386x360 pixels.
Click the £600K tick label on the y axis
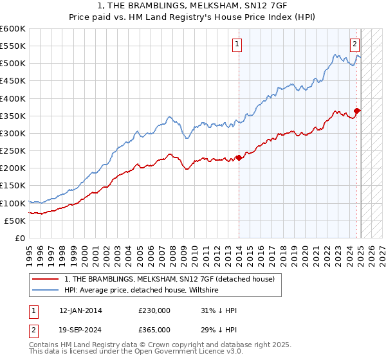[x=13, y=29]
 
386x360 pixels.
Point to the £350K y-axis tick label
[x=13, y=116]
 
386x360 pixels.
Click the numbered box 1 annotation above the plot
[x=237, y=44]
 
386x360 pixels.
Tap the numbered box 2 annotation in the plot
[x=354, y=44]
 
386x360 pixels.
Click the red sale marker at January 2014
[x=239, y=157]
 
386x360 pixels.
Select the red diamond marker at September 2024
[x=357, y=111]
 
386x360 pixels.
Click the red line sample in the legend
[x=46, y=279]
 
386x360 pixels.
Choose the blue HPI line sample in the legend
[x=46, y=290]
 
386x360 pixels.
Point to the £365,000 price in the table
[x=154, y=329]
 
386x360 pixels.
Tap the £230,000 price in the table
[x=154, y=310]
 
